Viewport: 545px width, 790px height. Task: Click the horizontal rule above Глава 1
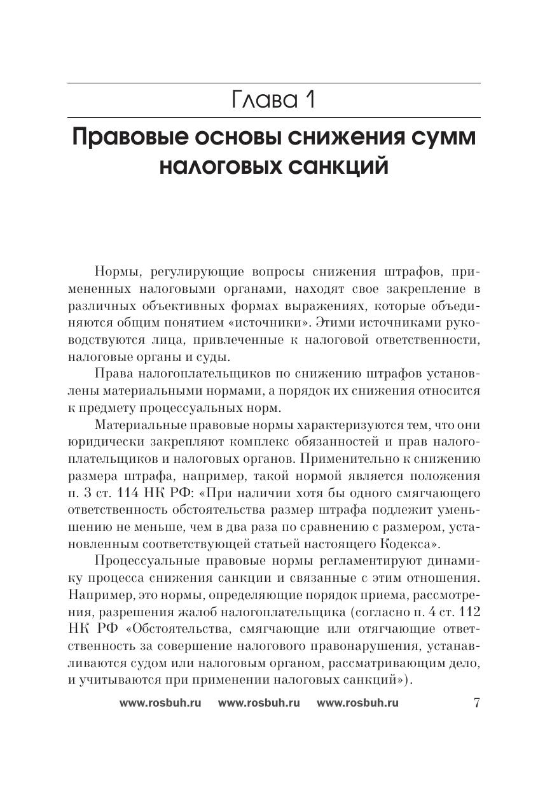(273, 83)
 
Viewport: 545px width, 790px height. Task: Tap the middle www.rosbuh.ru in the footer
(258, 703)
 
